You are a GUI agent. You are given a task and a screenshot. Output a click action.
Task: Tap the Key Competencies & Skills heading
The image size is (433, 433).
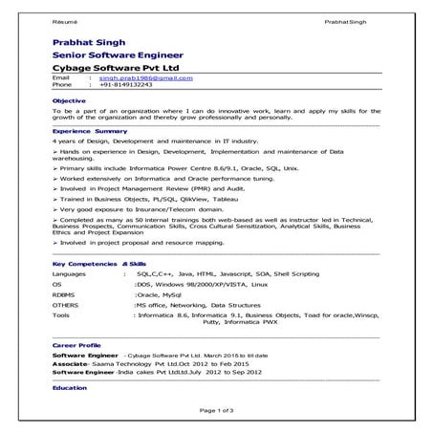coord(99,262)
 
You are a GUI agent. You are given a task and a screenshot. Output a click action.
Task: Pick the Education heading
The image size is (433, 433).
coord(70,389)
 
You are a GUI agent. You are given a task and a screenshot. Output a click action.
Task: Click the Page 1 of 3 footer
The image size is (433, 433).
coord(216,410)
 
